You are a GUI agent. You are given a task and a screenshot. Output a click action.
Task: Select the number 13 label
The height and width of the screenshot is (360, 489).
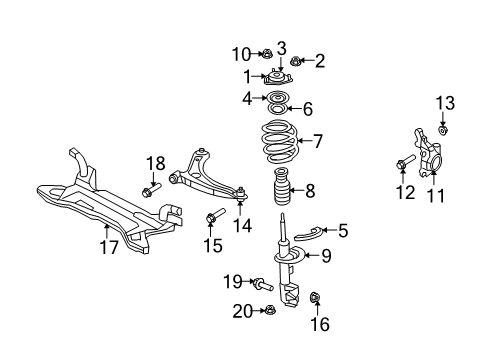(x=444, y=102)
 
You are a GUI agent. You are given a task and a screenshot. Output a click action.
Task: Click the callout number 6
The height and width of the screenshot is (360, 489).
(x=307, y=109)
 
